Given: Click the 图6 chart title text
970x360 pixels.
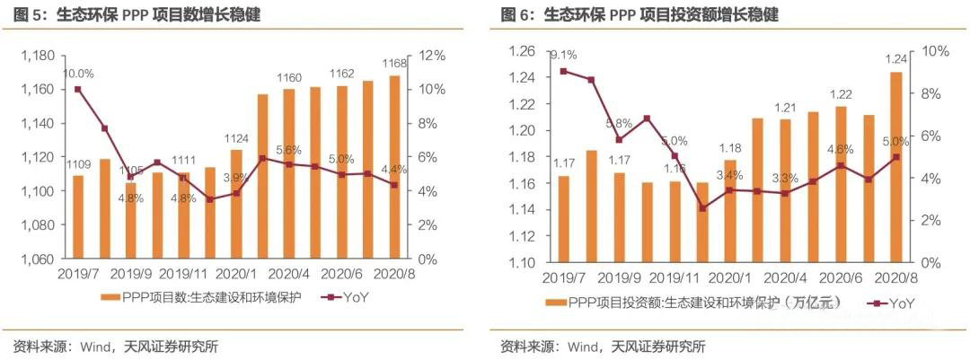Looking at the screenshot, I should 639,15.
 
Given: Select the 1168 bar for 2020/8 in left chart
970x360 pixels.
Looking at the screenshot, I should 394,167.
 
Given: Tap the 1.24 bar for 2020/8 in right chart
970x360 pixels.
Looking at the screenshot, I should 896,167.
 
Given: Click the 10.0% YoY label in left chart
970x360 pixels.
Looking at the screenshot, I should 78,74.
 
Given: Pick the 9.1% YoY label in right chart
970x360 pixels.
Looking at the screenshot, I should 563,54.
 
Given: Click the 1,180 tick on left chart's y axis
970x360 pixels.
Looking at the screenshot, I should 36,56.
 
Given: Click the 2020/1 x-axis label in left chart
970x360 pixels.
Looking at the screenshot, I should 237,275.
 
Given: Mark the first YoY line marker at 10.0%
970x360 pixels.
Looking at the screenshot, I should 78,89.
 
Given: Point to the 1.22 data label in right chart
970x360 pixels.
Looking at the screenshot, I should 841,94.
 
